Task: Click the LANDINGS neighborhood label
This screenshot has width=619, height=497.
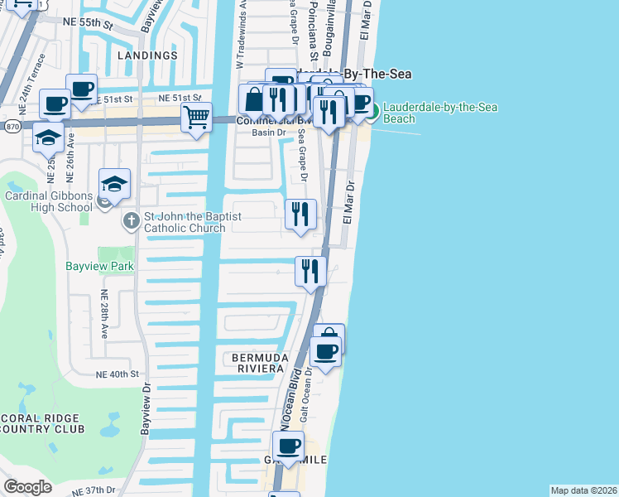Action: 147,55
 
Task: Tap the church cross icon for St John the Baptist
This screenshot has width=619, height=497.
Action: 131,221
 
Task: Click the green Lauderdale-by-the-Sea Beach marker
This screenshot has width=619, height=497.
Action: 372,111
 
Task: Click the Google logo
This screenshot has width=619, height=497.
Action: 27,486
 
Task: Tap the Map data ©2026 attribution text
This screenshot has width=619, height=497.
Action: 583,490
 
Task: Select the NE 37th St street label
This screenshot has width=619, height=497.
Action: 94,490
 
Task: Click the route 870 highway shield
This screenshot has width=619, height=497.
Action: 11,126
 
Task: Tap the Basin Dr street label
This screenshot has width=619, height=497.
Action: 269,133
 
